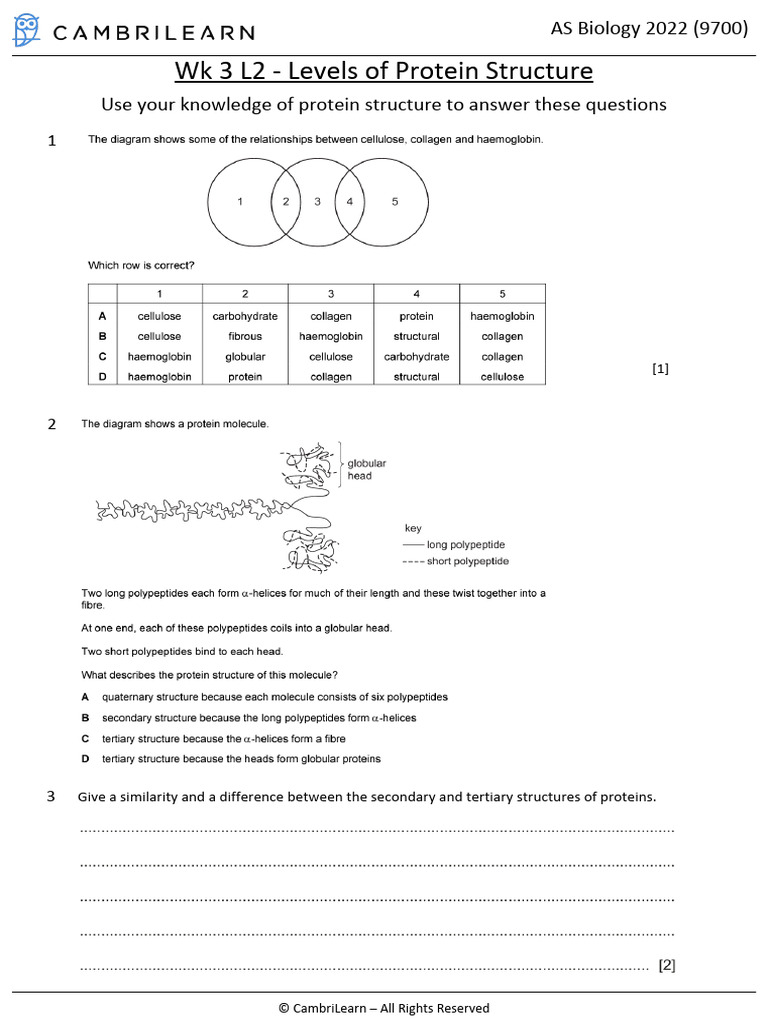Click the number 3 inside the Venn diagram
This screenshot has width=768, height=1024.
tap(318, 202)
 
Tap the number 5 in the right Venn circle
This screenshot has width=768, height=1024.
tap(395, 202)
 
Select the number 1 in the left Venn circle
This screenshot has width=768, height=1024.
tap(240, 202)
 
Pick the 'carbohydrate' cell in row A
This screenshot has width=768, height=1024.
tap(245, 316)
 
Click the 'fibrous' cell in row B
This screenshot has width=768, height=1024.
tap(245, 337)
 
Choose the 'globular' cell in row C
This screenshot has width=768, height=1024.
tap(245, 357)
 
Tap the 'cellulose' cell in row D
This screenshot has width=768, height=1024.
tap(502, 377)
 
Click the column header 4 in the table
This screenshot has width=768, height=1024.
tap(416, 294)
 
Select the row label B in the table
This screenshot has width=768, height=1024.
tap(102, 337)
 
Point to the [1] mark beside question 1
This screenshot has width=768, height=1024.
tap(660, 369)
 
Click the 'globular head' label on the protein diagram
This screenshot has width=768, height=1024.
tap(366, 469)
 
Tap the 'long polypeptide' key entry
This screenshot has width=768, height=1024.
tap(465, 545)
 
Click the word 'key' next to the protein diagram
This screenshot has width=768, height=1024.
tap(413, 527)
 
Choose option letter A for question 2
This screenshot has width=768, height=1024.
tap(86, 697)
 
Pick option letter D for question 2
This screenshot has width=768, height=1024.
tap(86, 759)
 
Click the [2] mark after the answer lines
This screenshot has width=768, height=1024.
tap(667, 965)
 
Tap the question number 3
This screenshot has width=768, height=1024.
tap(51, 797)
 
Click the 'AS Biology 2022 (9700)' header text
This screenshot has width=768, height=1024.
tap(649, 28)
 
